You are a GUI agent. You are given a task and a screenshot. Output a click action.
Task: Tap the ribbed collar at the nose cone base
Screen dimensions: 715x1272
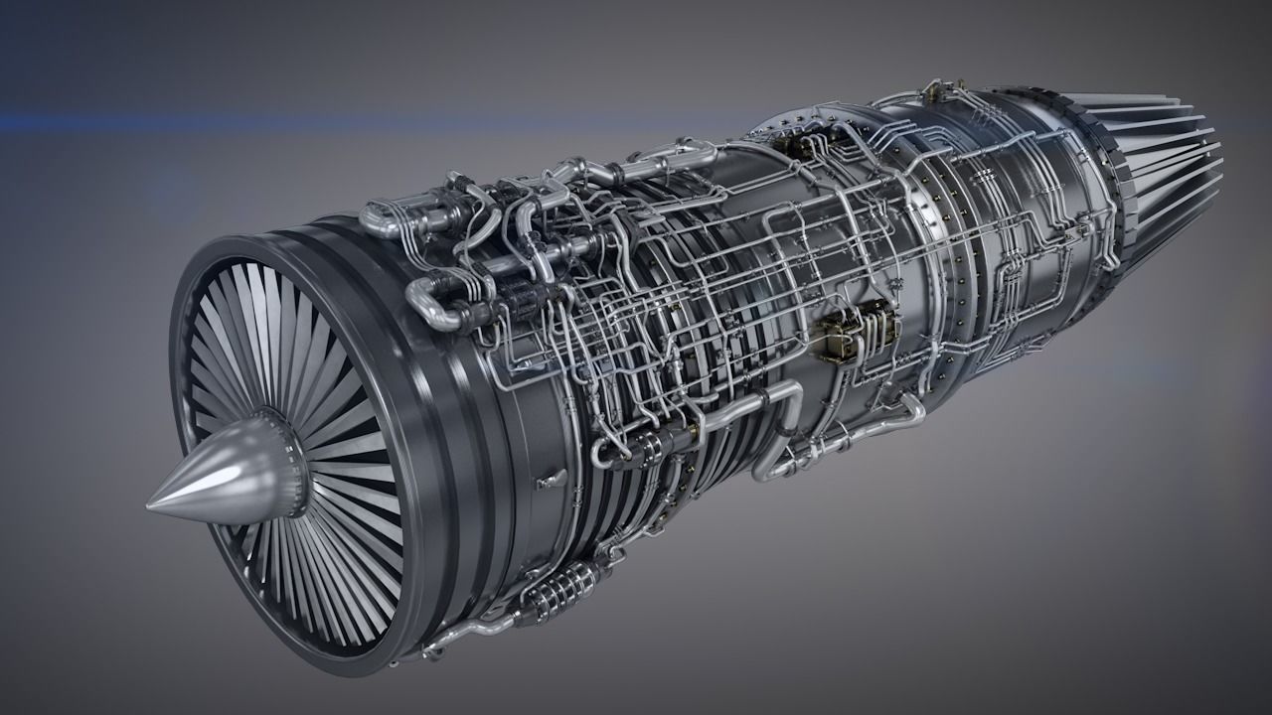click(x=289, y=467)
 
